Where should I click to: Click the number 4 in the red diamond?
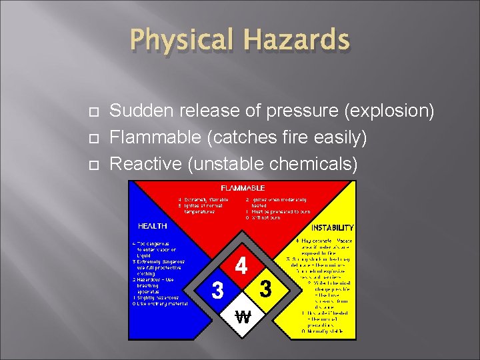(x=242, y=266)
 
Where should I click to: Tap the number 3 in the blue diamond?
(x=217, y=291)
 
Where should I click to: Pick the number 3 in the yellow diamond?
(x=266, y=290)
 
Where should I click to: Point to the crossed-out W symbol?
(x=243, y=317)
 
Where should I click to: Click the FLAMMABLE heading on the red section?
(x=243, y=188)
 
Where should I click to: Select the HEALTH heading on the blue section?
(x=153, y=226)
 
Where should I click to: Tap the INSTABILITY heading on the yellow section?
(x=333, y=227)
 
